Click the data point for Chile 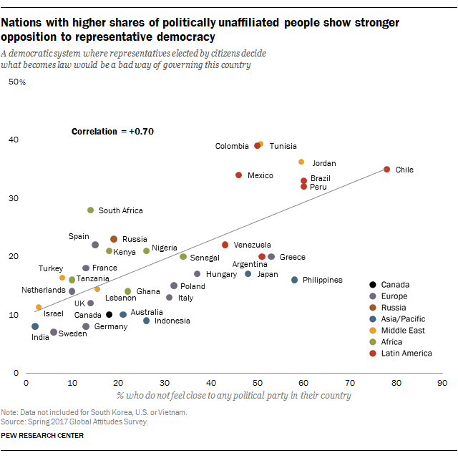[386, 170]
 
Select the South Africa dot [90, 210]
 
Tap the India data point [35, 326]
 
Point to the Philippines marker [294, 280]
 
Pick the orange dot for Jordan [301, 162]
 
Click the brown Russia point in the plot [114, 239]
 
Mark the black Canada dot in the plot [109, 314]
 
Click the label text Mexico [260, 175]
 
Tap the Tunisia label [283, 146]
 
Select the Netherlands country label [44, 291]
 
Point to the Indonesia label [172, 321]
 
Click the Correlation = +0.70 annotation [112, 132]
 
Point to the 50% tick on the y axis [16, 82]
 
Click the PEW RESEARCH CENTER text [42, 435]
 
